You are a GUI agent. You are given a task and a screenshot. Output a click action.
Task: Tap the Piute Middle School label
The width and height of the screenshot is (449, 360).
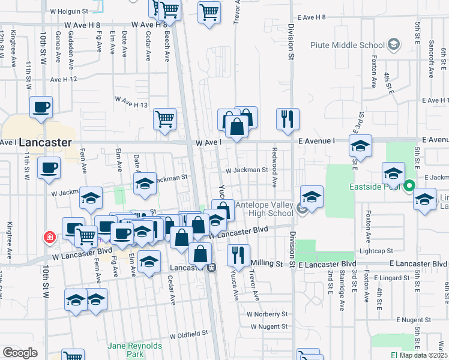[x=348, y=45]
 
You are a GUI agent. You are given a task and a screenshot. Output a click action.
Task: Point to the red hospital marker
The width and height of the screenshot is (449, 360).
[x=50, y=238]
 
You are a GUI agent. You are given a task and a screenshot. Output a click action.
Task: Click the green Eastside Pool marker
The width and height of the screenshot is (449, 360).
[x=409, y=185]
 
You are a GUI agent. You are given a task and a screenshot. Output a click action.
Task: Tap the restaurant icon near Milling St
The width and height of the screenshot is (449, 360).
[x=238, y=254]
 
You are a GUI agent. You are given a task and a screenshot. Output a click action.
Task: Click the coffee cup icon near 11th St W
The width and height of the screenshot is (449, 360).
[x=41, y=107]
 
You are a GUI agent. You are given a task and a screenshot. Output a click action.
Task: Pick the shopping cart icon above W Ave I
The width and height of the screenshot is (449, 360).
[x=164, y=118]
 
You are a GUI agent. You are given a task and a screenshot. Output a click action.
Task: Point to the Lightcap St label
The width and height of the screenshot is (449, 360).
[x=376, y=250]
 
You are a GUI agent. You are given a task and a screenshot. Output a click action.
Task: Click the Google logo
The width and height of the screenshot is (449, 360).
[x=20, y=353]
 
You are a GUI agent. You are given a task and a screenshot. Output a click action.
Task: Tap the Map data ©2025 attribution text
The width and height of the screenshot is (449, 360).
[x=423, y=355]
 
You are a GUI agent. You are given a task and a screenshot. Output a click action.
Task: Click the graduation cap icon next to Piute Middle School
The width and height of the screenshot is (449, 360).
[x=393, y=44]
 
